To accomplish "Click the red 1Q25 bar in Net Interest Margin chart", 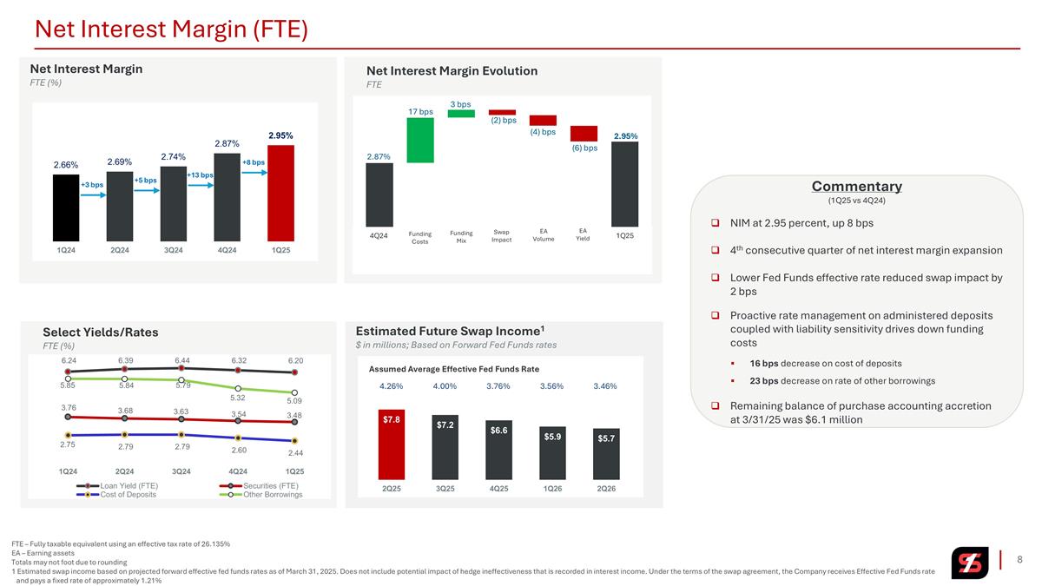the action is click(x=280, y=193).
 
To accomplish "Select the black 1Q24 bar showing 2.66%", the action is click(x=66, y=207).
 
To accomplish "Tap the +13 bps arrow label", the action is click(x=200, y=174).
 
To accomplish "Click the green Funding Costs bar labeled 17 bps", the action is click(x=420, y=140).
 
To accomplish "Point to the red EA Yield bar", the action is click(x=584, y=134).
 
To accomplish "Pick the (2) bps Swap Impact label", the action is click(x=504, y=120).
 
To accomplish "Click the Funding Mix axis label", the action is click(x=461, y=237).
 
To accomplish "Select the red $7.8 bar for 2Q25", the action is click(x=392, y=444).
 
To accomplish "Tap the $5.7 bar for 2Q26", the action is click(x=606, y=454).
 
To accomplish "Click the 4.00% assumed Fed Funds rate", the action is click(x=445, y=386).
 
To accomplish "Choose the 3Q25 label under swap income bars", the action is click(x=445, y=488).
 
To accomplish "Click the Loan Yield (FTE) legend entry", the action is click(x=117, y=485).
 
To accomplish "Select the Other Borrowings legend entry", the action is click(x=261, y=494).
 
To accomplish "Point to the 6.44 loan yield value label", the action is click(x=182, y=360).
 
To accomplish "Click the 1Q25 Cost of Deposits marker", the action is click(x=294, y=440).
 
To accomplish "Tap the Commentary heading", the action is click(x=856, y=186).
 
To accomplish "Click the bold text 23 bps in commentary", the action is click(x=764, y=381).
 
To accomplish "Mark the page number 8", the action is click(x=1019, y=559).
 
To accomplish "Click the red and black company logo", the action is click(x=970, y=563).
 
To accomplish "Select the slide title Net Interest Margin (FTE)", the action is click(x=171, y=29).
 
